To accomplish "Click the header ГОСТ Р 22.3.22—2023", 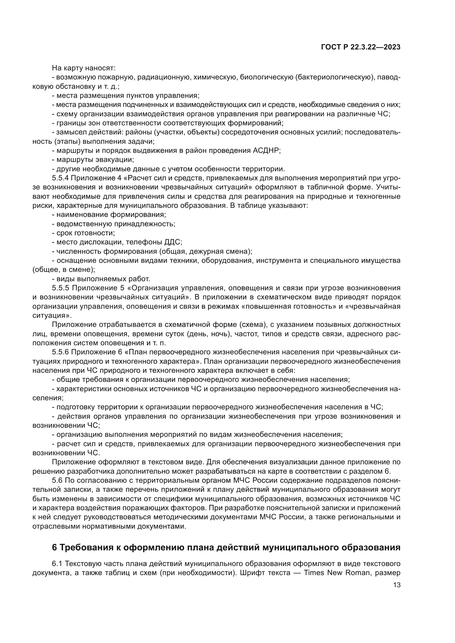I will (360, 47).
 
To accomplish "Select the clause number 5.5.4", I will (60, 178).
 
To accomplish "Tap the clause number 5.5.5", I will (60, 288).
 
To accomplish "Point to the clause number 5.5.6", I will (60, 352).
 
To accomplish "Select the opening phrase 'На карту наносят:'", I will (84, 68).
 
